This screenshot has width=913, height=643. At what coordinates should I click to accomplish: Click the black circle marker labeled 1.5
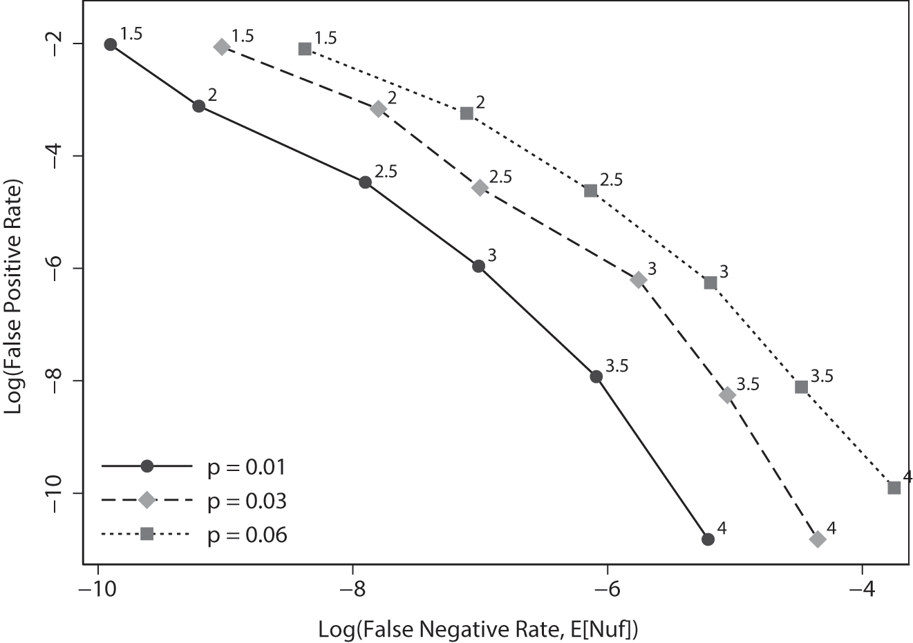point(111,44)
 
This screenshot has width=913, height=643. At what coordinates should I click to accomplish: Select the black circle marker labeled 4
point(708,539)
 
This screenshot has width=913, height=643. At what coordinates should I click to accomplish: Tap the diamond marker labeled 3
point(639,279)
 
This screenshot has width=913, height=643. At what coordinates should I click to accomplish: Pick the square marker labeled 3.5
point(802,387)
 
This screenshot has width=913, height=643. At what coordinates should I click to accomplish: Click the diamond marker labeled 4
point(818,539)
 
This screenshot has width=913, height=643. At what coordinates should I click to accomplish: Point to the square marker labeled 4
point(894,488)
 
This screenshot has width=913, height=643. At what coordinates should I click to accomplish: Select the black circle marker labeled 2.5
point(365,182)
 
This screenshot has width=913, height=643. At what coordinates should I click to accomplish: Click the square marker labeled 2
point(467,113)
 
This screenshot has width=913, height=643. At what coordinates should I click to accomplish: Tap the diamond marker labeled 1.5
point(222,47)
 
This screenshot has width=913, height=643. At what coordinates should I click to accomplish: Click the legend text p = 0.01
point(247,468)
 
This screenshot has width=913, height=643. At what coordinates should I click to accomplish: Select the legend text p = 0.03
point(247,501)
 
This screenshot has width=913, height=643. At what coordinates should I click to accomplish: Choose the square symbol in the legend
point(147,534)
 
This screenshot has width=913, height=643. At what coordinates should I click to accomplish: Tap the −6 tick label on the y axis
point(59,268)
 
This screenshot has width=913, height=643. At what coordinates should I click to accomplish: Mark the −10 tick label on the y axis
point(59,493)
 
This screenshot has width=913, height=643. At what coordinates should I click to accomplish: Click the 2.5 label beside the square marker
point(611,180)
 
